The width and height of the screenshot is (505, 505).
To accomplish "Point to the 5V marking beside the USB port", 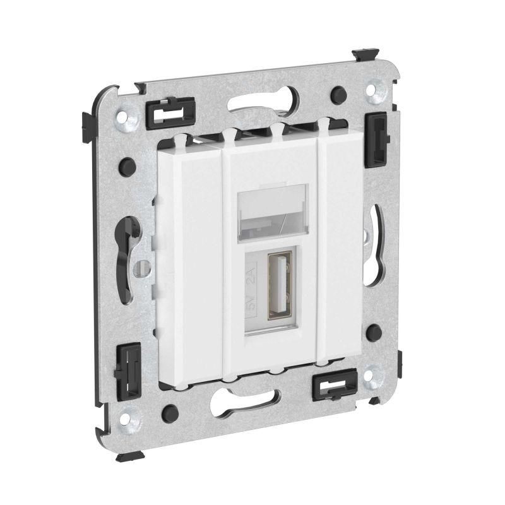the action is click(252, 304).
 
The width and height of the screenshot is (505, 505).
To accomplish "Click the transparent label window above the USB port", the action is click(273, 212).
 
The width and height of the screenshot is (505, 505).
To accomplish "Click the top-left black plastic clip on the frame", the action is click(170, 113).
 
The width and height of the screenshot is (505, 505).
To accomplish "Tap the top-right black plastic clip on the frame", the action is click(376, 140).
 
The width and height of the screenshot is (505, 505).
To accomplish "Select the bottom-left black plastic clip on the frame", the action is click(128, 371).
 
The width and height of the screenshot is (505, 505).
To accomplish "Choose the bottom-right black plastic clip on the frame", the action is click(335, 385).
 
